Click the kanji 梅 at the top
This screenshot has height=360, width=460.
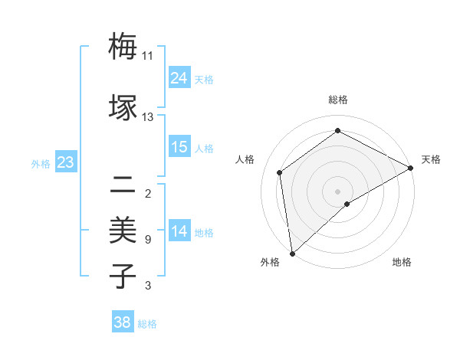click(x=123, y=47)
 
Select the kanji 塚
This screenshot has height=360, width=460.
click(x=123, y=107)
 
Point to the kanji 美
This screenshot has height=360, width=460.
click(x=123, y=231)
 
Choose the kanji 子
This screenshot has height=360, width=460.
click(x=123, y=276)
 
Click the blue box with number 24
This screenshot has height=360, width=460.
click(x=179, y=78)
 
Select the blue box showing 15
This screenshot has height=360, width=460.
click(x=179, y=147)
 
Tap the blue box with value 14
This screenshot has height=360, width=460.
click(x=179, y=231)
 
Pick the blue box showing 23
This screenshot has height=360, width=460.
click(x=66, y=162)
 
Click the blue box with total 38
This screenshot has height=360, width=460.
click(x=123, y=322)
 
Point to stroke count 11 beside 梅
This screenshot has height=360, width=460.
click(x=147, y=56)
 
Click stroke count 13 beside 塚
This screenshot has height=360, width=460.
click(x=147, y=117)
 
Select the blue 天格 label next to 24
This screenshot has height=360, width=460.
click(x=204, y=79)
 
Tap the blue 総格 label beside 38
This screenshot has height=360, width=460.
click(x=147, y=324)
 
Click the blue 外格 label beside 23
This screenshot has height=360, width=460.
click(x=41, y=164)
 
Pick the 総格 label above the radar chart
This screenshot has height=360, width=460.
click(x=338, y=100)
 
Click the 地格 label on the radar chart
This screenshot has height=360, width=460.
click(x=402, y=262)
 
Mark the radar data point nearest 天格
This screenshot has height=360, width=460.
click(x=411, y=168)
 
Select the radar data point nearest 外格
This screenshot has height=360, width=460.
click(x=291, y=253)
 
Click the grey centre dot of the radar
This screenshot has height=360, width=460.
click(x=337, y=190)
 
